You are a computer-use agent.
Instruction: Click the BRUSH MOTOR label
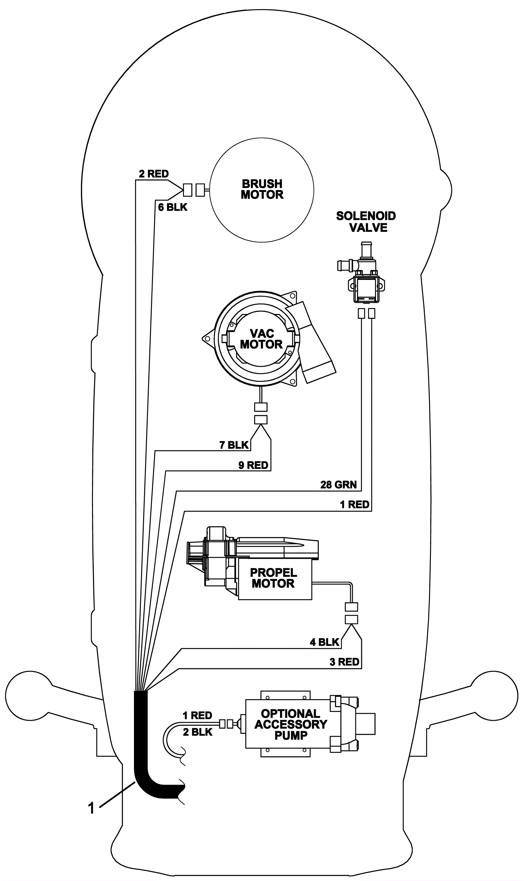coord(262,189)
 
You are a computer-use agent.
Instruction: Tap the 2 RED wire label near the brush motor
coord(154,173)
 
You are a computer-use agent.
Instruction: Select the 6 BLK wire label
coord(173,207)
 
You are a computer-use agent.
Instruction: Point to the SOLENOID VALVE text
coord(366,222)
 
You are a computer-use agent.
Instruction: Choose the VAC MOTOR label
coord(261,339)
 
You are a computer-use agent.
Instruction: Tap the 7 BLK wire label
coord(234,445)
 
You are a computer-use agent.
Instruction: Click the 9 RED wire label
coord(253,465)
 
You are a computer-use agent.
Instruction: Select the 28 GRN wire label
coord(339,484)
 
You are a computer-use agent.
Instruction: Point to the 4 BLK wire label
coord(325,642)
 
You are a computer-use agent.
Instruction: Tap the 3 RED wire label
coord(345,662)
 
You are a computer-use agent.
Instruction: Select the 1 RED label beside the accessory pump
coord(197,715)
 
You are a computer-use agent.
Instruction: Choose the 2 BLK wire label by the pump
coord(198,732)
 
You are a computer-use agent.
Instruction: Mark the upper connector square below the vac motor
coord(261,407)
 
